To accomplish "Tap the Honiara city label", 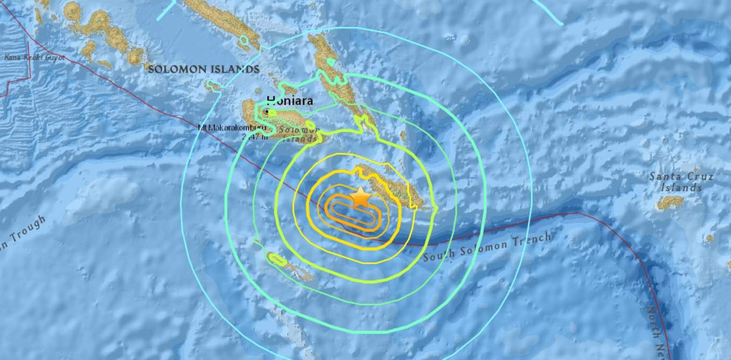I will pos(289,100).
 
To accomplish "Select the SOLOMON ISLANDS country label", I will pos(204,69).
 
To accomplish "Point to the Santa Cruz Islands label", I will pos(681,182).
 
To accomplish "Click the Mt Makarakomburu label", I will pos(232,128).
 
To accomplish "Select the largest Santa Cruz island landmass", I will pos(670,203).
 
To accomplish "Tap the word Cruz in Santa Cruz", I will pos(699,177).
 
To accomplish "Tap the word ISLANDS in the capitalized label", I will pos(238,69).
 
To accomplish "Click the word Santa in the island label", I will pos(665,177).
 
